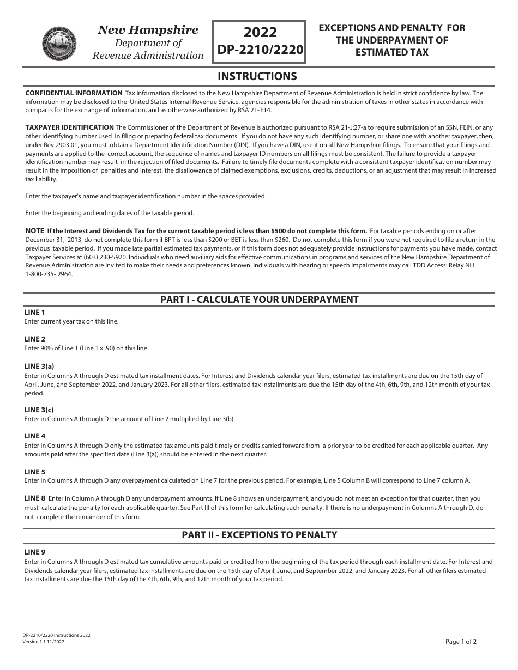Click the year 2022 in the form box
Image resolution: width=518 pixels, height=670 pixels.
pos(261,33)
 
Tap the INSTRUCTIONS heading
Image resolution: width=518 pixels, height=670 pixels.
pos(257,76)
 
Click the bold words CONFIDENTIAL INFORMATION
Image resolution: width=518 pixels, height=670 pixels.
pos(74,93)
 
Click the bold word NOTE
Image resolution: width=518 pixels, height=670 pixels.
pos(35,231)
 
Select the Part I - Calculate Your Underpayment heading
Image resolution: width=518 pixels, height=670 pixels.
pos(259,300)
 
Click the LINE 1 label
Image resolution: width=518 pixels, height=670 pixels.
pos(35,313)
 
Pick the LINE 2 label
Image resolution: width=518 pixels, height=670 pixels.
pos(35,339)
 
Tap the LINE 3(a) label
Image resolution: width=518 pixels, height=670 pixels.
pos(39,367)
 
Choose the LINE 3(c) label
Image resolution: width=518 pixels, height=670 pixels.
pos(39,410)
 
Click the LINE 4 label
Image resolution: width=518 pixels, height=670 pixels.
pos(35,436)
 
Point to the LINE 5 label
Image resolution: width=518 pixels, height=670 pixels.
pos(35,472)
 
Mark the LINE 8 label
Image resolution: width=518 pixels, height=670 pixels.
pos(35,498)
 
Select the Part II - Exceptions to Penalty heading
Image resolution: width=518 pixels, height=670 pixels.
pos(259,535)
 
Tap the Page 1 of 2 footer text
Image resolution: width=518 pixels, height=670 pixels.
pos(461,642)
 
